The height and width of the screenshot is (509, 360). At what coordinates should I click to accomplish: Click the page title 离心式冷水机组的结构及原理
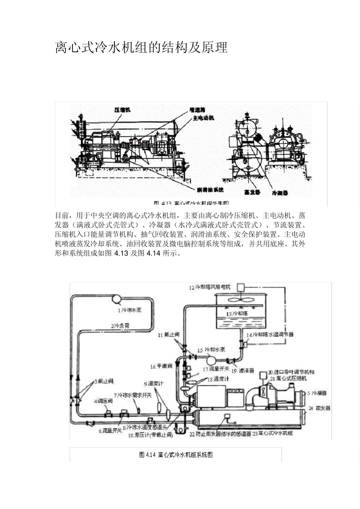click(141, 48)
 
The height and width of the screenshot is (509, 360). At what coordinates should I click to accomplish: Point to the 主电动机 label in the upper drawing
click(203, 118)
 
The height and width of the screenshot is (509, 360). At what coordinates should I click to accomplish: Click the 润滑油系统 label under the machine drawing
click(210, 189)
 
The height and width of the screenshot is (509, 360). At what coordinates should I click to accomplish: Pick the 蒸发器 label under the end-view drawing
click(252, 192)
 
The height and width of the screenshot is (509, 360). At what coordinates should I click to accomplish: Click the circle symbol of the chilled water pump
click(116, 299)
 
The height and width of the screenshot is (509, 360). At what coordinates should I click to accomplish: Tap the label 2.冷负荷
click(120, 325)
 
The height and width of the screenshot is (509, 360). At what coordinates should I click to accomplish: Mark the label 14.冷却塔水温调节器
click(270, 335)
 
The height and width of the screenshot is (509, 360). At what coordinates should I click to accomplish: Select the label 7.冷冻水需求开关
click(133, 395)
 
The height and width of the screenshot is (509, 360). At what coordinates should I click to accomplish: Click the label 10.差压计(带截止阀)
click(150, 436)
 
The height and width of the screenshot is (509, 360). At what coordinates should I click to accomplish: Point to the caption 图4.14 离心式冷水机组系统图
click(176, 454)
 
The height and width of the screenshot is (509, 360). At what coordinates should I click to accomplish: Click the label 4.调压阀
click(103, 401)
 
